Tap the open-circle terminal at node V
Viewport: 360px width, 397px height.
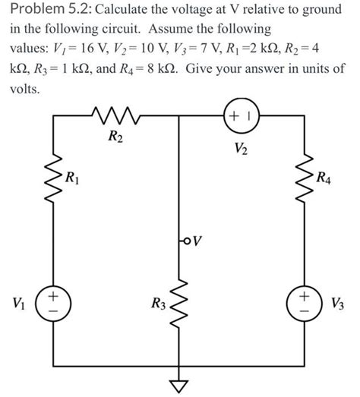point(183,241)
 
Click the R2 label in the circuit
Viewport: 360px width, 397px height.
point(115,138)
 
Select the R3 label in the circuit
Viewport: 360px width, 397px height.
point(157,305)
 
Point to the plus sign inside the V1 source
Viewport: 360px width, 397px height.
point(54,293)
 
